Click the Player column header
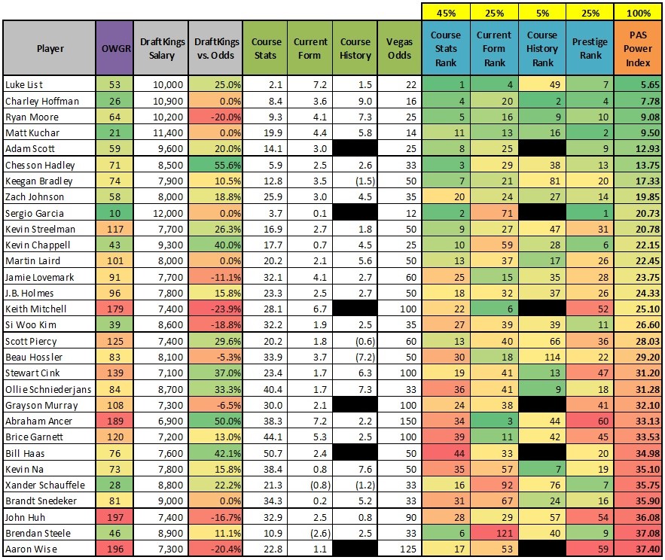pos(50,48)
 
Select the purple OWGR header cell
pos(115,48)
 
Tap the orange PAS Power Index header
pos(637,48)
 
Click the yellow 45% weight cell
pos(446,12)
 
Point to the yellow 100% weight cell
pos(638,12)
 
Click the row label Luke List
pos(24,84)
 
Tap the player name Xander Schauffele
pos(45,485)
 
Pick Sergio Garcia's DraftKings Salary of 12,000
pos(168,213)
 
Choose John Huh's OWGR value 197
pos(115,517)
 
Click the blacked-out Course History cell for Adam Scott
pos(355,148)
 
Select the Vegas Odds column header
pos(399,48)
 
